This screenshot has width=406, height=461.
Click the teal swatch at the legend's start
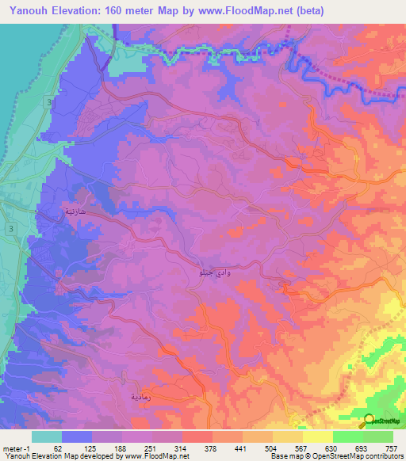[x=47, y=436]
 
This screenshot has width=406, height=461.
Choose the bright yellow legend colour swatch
[x=317, y=436]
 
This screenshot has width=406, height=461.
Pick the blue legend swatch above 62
[x=77, y=436]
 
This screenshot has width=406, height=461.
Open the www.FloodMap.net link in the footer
[x=151, y=455]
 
